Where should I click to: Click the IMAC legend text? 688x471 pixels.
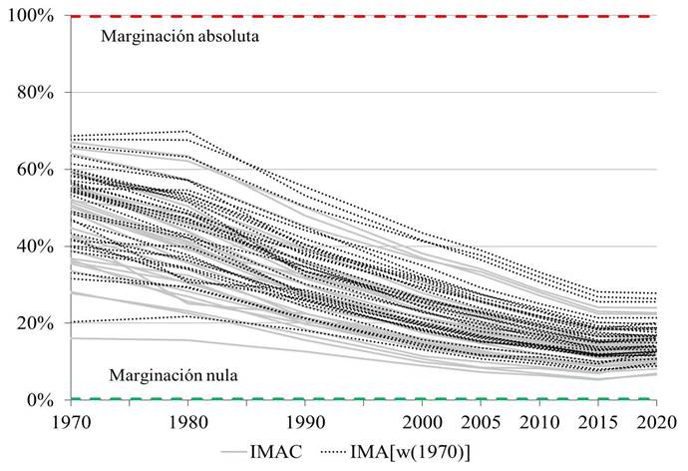pyautogui.click(x=307, y=451)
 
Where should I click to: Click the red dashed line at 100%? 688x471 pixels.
pyautogui.click(x=399, y=16)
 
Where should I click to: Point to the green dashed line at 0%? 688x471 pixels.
pyautogui.click(x=399, y=399)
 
